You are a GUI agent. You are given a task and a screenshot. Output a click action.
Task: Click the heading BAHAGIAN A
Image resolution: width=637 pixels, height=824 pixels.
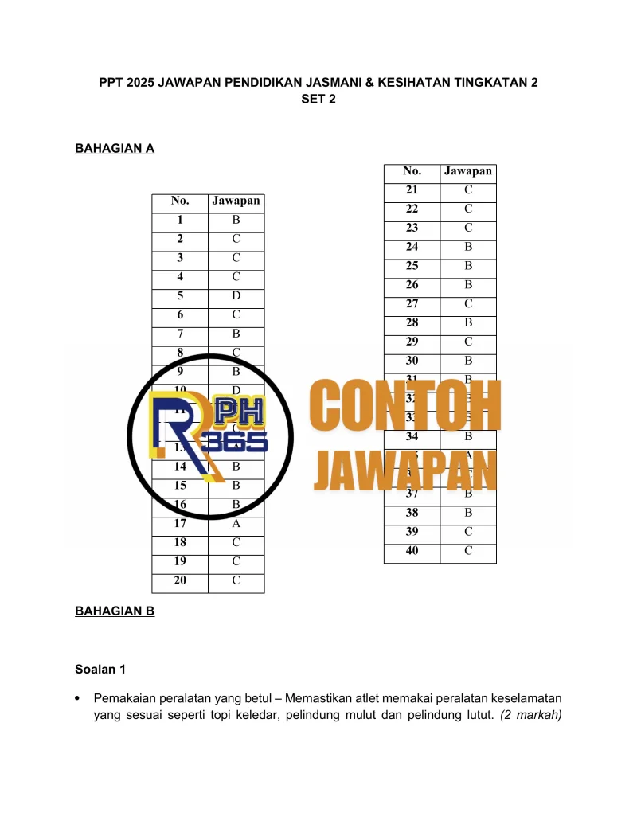click(x=114, y=148)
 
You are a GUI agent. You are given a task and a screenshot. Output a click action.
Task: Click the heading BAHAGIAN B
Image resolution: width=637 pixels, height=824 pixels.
click(x=114, y=611)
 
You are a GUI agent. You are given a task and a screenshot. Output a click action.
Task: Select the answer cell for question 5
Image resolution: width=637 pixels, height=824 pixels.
click(x=236, y=296)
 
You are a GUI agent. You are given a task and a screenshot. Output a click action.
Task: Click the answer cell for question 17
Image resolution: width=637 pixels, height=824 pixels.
click(x=236, y=524)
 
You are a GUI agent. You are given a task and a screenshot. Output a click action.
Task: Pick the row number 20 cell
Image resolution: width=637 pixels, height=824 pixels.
click(x=180, y=581)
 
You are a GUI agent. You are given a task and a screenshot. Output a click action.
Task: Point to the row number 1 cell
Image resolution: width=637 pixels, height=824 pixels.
click(x=180, y=221)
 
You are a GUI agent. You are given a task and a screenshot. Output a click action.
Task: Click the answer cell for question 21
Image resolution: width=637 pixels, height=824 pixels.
click(x=468, y=190)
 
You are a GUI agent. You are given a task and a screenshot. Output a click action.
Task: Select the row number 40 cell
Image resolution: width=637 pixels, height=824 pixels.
click(x=412, y=551)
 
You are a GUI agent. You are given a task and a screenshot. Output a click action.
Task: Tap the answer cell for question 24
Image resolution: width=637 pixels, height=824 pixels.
click(x=468, y=248)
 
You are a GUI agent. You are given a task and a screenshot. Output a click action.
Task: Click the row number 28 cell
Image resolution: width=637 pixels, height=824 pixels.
click(x=412, y=323)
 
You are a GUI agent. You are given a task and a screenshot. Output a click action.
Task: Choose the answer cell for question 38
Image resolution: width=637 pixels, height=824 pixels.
click(x=468, y=514)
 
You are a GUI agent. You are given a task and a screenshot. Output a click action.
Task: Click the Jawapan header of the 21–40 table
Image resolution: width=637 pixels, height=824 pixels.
click(x=468, y=171)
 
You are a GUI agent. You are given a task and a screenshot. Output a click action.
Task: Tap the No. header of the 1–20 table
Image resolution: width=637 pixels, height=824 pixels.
click(x=180, y=201)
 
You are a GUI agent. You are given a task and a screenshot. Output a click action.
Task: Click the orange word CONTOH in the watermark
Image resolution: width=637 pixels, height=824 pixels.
click(x=405, y=407)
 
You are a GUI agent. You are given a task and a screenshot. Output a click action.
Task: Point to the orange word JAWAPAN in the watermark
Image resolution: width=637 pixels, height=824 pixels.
click(x=405, y=470)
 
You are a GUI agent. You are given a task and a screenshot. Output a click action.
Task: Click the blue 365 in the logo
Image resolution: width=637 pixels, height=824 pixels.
click(x=235, y=443)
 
